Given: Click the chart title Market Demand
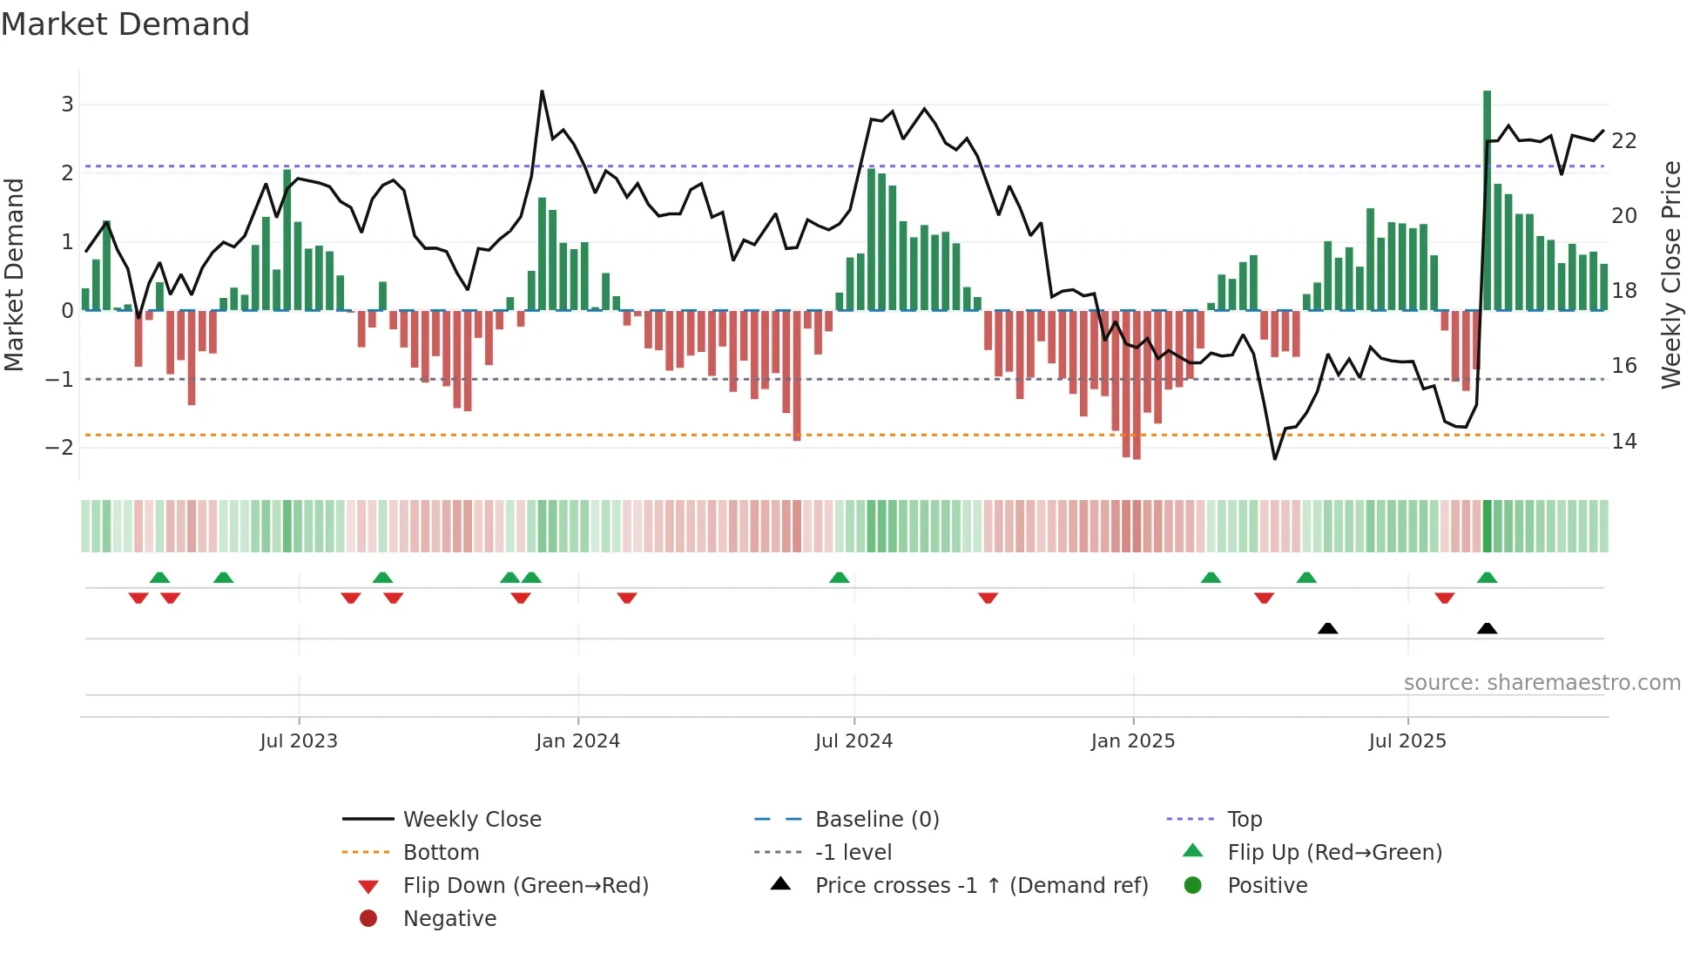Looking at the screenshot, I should click(125, 24).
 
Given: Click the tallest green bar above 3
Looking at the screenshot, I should click(1487, 200).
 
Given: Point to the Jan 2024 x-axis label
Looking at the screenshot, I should click(577, 741).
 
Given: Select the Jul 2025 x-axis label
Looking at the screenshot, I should click(1407, 741).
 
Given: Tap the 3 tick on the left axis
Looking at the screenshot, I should click(67, 105).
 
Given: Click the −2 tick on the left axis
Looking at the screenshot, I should click(59, 448).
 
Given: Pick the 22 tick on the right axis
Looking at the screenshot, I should click(1623, 141).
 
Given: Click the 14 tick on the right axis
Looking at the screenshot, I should click(1623, 442).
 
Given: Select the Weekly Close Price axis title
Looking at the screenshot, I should click(1670, 274).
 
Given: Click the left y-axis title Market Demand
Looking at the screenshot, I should click(14, 274).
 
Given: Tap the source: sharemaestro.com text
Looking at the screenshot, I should click(1542, 683).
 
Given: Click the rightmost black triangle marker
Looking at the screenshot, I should click(1487, 629).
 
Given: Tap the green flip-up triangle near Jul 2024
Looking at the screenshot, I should click(839, 578).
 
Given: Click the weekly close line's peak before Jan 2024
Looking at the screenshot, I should click(542, 91).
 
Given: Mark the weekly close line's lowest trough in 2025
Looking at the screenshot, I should click(1275, 458).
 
